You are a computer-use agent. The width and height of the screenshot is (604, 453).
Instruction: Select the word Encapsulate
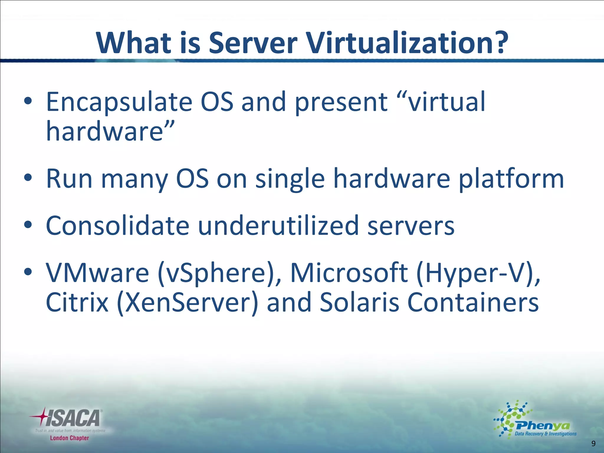(x=119, y=103)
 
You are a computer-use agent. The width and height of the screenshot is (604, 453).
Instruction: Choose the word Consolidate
(x=117, y=226)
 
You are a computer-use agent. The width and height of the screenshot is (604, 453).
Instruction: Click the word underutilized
(x=278, y=226)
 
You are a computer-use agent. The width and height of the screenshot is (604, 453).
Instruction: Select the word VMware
(x=97, y=273)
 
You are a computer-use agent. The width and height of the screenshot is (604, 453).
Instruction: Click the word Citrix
(x=77, y=303)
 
